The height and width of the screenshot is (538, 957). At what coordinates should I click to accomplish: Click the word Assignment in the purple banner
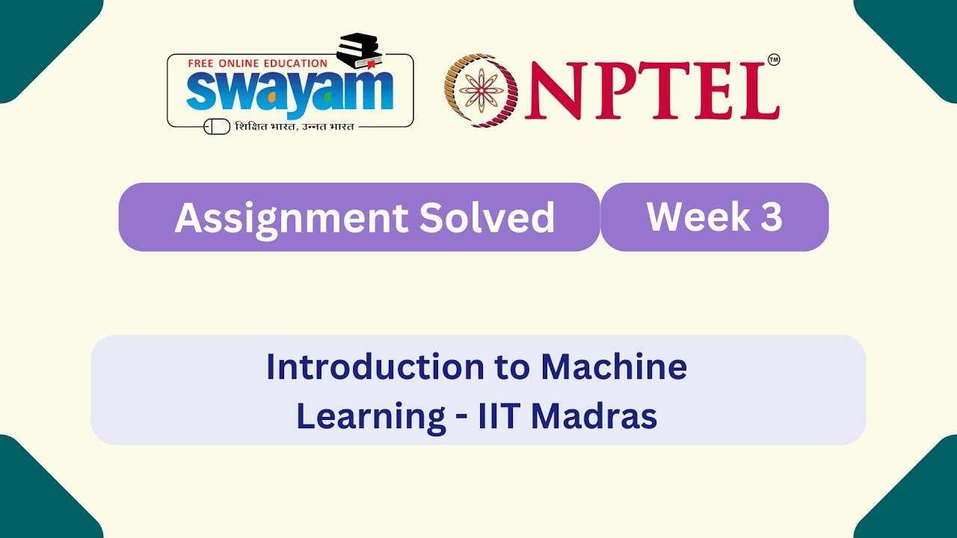[x=291, y=217]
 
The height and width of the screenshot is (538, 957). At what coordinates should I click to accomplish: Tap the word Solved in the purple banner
[x=487, y=217]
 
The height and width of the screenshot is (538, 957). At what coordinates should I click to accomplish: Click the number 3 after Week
[x=772, y=217]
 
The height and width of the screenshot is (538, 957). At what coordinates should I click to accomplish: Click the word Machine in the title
[x=614, y=367]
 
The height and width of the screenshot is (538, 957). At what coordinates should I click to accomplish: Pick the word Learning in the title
[x=371, y=416]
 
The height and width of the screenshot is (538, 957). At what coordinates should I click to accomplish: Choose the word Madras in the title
[x=594, y=416]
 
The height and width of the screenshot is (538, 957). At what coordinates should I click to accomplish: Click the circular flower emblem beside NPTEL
[x=481, y=90]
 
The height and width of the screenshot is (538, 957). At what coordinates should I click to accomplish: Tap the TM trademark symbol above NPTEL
[x=774, y=60]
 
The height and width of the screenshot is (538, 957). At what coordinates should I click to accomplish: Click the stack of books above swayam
[x=360, y=51]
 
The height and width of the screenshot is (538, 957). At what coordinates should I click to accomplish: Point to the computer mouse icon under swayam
[x=217, y=126]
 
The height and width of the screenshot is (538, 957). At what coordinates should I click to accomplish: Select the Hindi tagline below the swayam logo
[x=295, y=126]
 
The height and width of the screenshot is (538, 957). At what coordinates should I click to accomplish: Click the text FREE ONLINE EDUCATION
[x=257, y=64]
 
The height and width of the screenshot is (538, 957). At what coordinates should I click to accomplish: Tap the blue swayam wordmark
[x=289, y=90]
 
